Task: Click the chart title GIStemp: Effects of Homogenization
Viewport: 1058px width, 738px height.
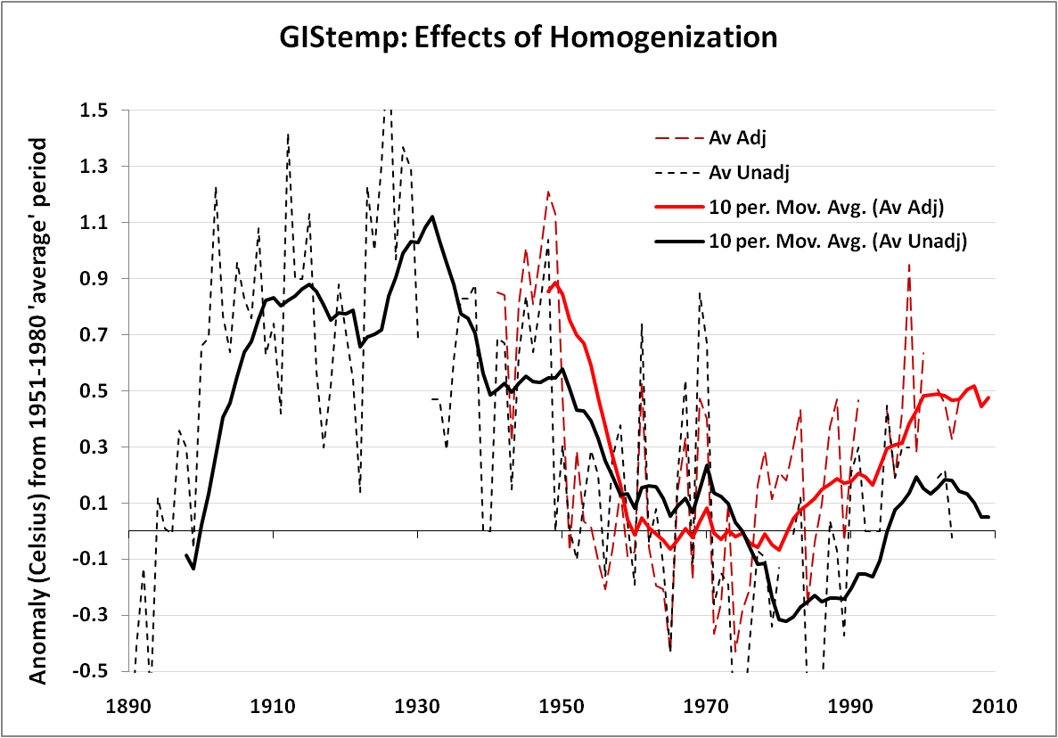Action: (529, 38)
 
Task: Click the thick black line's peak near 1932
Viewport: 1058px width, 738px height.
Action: (432, 217)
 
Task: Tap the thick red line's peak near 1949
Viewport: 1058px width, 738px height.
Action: (556, 283)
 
